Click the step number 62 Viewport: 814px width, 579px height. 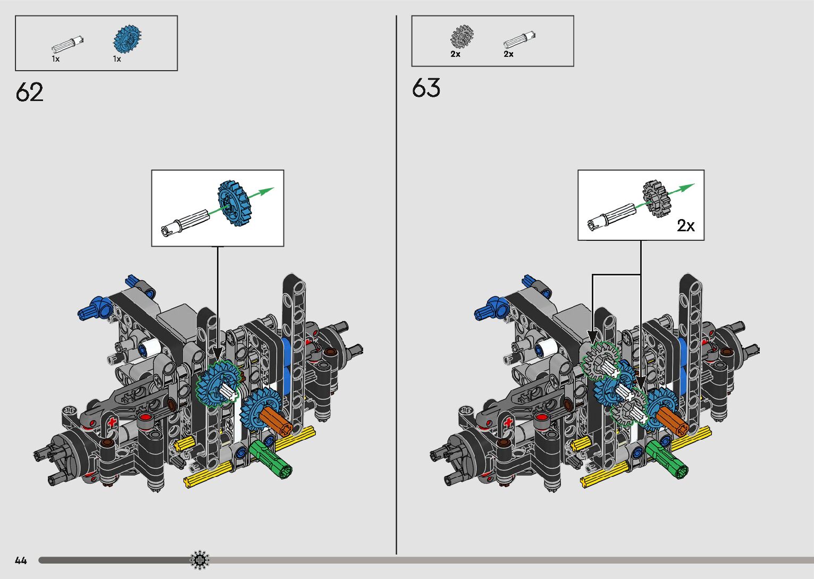29,92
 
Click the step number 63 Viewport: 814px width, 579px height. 426,88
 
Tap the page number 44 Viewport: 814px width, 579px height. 21,560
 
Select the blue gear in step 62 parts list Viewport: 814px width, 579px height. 127,38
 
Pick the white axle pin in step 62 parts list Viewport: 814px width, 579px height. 68,44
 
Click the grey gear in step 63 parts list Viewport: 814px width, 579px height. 462,37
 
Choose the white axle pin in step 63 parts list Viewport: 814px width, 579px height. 519,40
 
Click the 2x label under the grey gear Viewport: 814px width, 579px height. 455,54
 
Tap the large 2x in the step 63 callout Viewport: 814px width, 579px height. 686,226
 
